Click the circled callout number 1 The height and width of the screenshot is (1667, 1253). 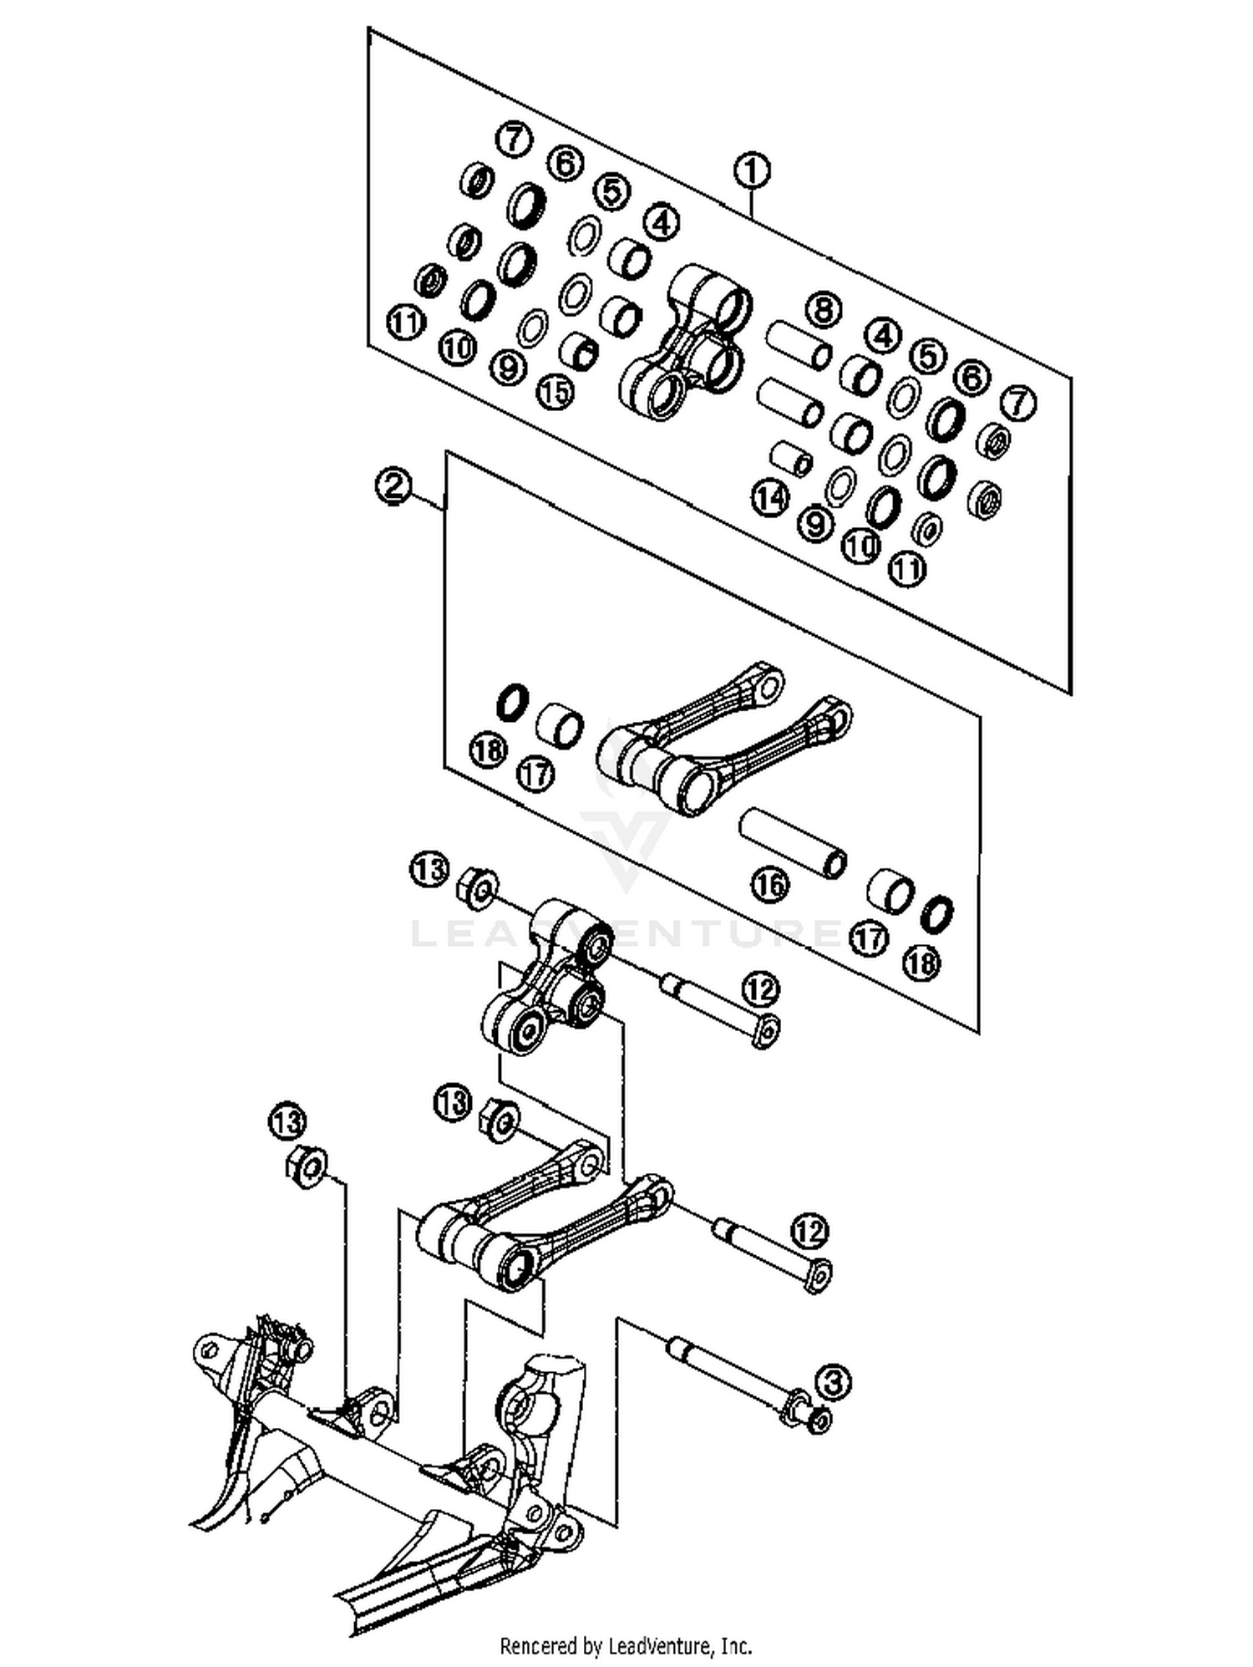click(x=752, y=171)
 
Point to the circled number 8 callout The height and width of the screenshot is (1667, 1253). click(x=823, y=311)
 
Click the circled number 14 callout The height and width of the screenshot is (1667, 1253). click(x=769, y=498)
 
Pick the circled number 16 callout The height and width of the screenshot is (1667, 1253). click(x=769, y=883)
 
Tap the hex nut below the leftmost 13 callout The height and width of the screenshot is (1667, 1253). click(x=307, y=1166)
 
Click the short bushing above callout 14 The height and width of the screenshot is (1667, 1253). click(x=790, y=458)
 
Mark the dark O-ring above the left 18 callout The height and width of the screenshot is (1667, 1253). click(x=512, y=702)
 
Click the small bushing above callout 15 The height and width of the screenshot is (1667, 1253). click(x=578, y=351)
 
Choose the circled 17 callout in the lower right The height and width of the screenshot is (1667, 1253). click(x=869, y=938)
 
